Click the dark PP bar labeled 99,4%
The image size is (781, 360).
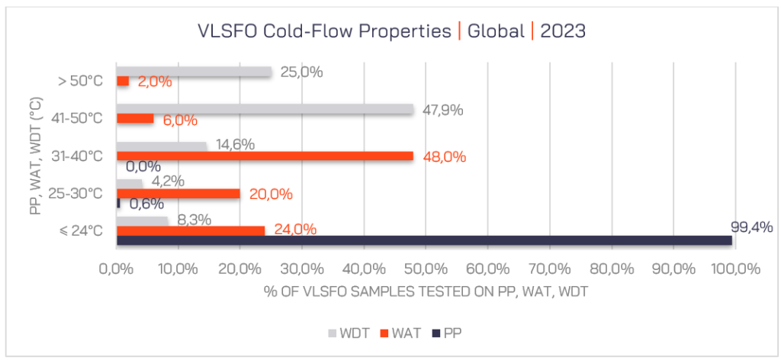click(424, 240)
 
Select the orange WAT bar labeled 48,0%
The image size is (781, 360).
click(265, 156)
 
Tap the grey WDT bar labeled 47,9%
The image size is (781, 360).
click(265, 109)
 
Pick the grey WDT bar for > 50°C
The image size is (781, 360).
click(194, 72)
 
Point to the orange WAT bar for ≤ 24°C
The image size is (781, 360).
click(190, 230)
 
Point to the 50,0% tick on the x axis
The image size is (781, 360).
click(424, 268)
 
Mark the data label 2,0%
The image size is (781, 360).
click(156, 82)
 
